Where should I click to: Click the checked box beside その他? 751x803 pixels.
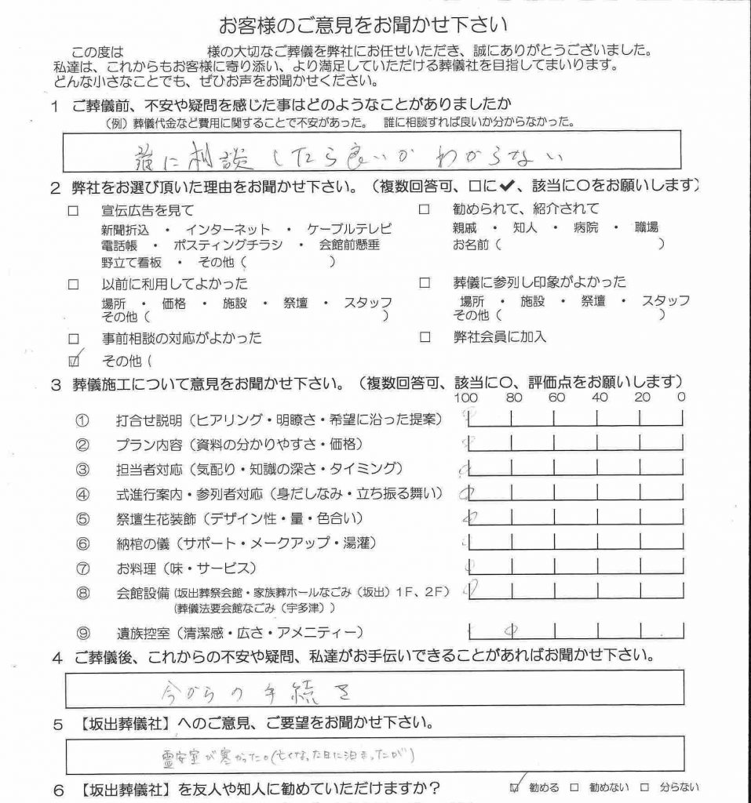click(75, 362)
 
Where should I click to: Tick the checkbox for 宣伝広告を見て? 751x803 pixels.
click(75, 211)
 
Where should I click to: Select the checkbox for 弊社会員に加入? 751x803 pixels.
click(425, 338)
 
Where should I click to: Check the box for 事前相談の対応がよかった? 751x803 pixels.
click(75, 339)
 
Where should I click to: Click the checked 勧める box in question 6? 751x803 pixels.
click(515, 787)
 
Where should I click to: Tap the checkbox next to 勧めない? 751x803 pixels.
click(575, 787)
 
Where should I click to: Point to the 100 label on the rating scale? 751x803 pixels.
click(466, 398)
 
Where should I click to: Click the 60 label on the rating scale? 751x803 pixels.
click(557, 398)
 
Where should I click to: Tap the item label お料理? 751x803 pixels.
click(138, 567)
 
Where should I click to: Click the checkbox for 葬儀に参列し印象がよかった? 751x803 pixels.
click(425, 282)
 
